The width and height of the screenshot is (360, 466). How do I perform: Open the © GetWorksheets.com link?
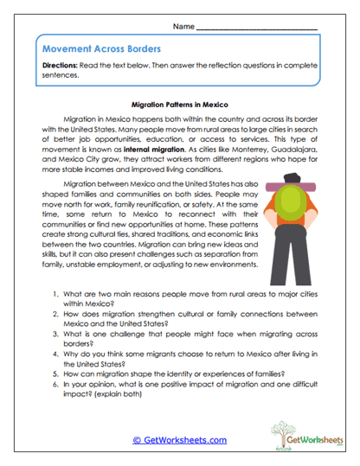(179, 440)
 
